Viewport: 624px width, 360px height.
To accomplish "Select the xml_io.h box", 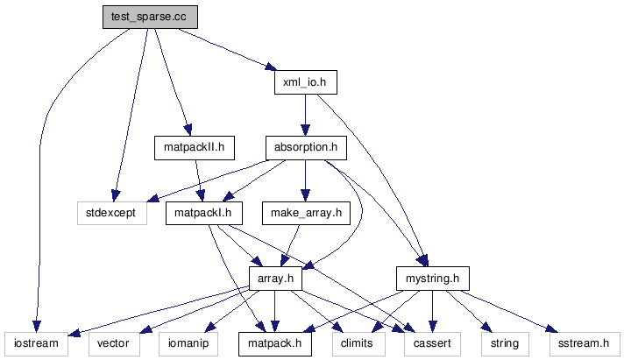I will click(x=300, y=81).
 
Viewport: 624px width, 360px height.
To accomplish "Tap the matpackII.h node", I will click(x=194, y=147).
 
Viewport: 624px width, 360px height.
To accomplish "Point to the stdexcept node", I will click(x=111, y=213).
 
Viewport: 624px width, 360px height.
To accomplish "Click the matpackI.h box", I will click(x=203, y=213).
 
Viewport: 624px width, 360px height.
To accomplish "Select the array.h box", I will click(x=275, y=279).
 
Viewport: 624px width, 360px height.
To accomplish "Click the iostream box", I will click(x=36, y=343).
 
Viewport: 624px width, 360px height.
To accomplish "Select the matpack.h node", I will click(x=275, y=343).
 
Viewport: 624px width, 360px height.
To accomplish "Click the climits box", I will click(x=358, y=343).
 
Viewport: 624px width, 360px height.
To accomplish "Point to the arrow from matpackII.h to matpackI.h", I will click(x=199, y=180).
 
